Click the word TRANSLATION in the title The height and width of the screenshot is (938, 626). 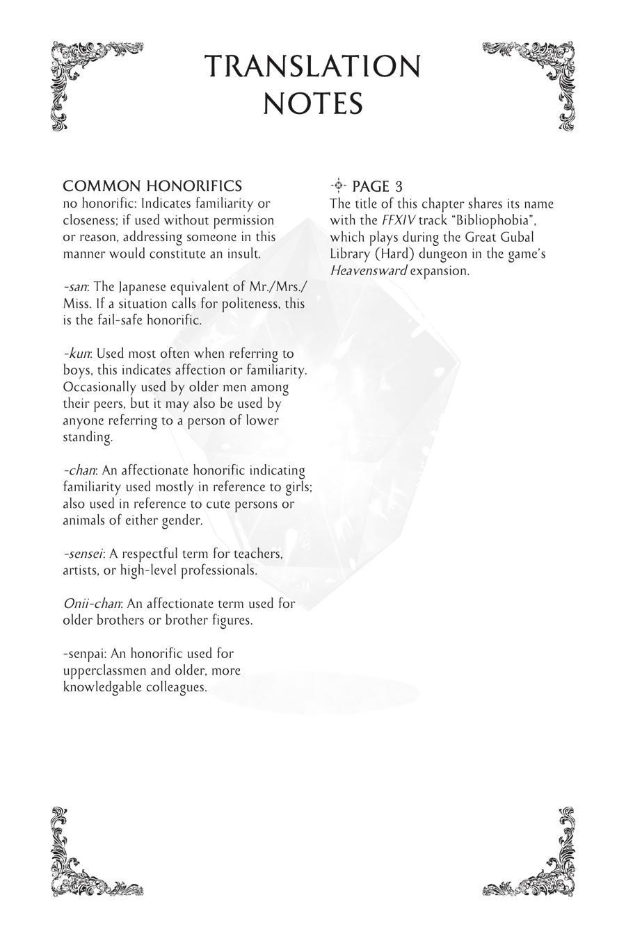click(313, 67)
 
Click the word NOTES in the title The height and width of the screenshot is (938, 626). click(313, 104)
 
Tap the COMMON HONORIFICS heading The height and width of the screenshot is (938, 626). click(152, 186)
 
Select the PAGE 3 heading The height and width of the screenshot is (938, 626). click(377, 186)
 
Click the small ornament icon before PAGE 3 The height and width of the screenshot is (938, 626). click(338, 185)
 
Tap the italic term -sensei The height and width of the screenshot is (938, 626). click(83, 554)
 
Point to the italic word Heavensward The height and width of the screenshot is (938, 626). click(368, 270)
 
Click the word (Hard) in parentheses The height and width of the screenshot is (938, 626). click(385, 254)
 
